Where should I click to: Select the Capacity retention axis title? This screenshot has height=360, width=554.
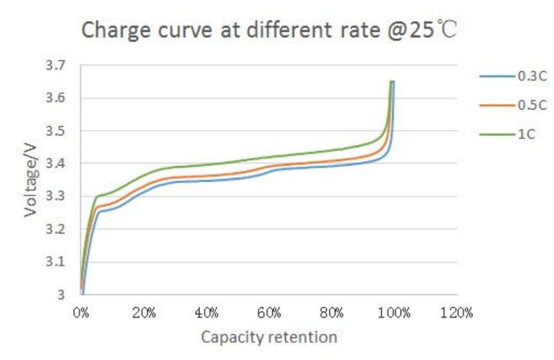coord(269,337)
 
